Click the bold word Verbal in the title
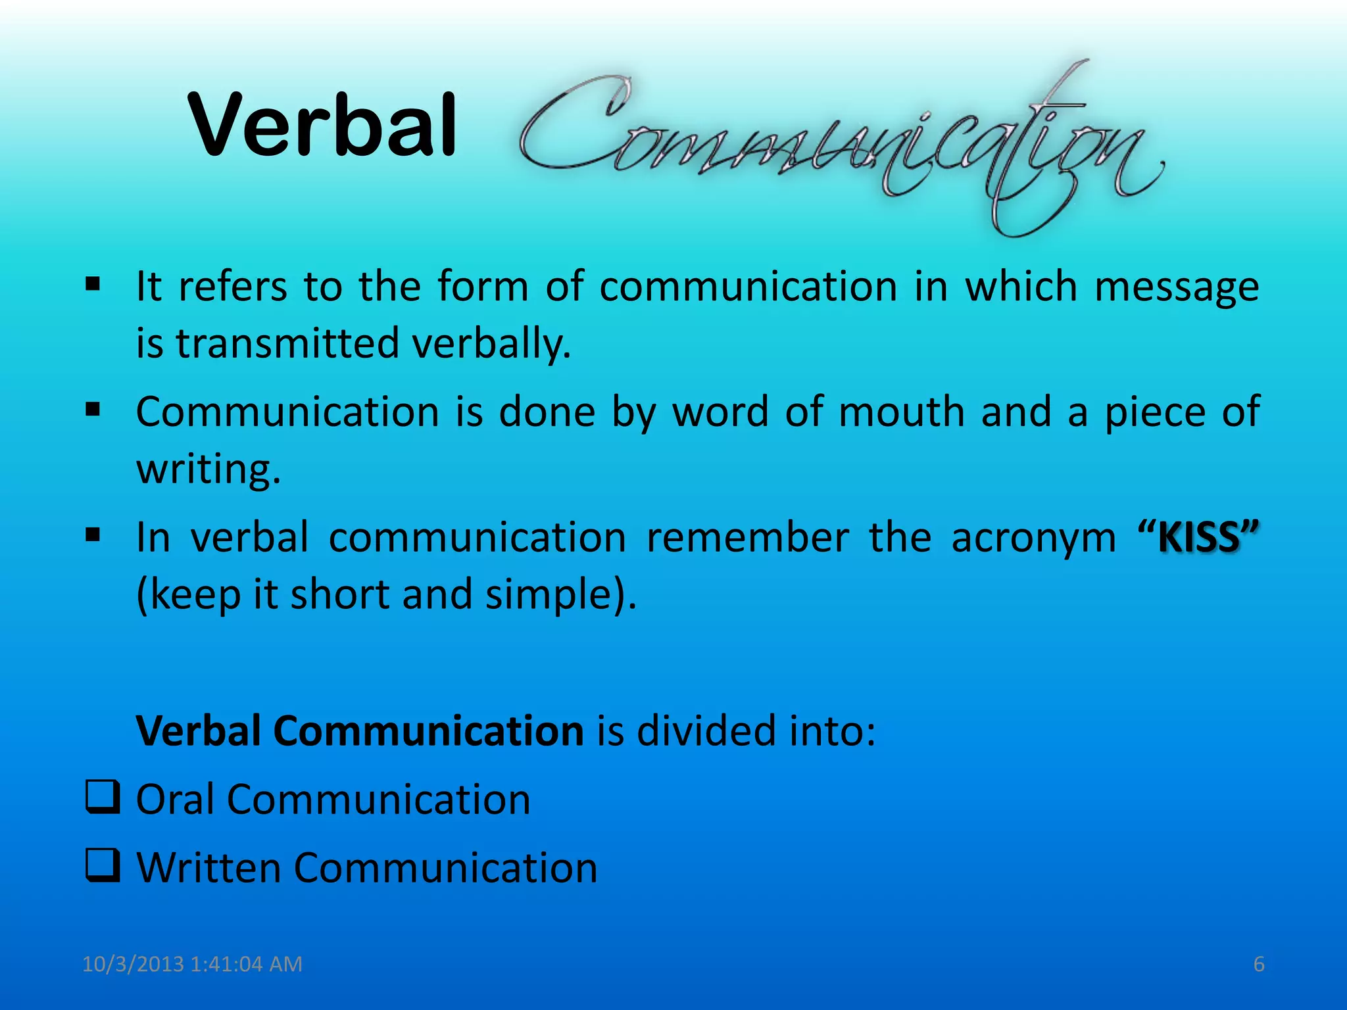[x=322, y=125]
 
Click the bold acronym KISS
[x=1198, y=538]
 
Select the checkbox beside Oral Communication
[x=103, y=797]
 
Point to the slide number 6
[x=1258, y=964]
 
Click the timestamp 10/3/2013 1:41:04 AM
[x=192, y=964]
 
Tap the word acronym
[x=1033, y=538]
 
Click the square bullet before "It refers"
[x=93, y=285]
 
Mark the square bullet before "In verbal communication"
[x=93, y=535]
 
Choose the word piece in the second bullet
[x=1152, y=412]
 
